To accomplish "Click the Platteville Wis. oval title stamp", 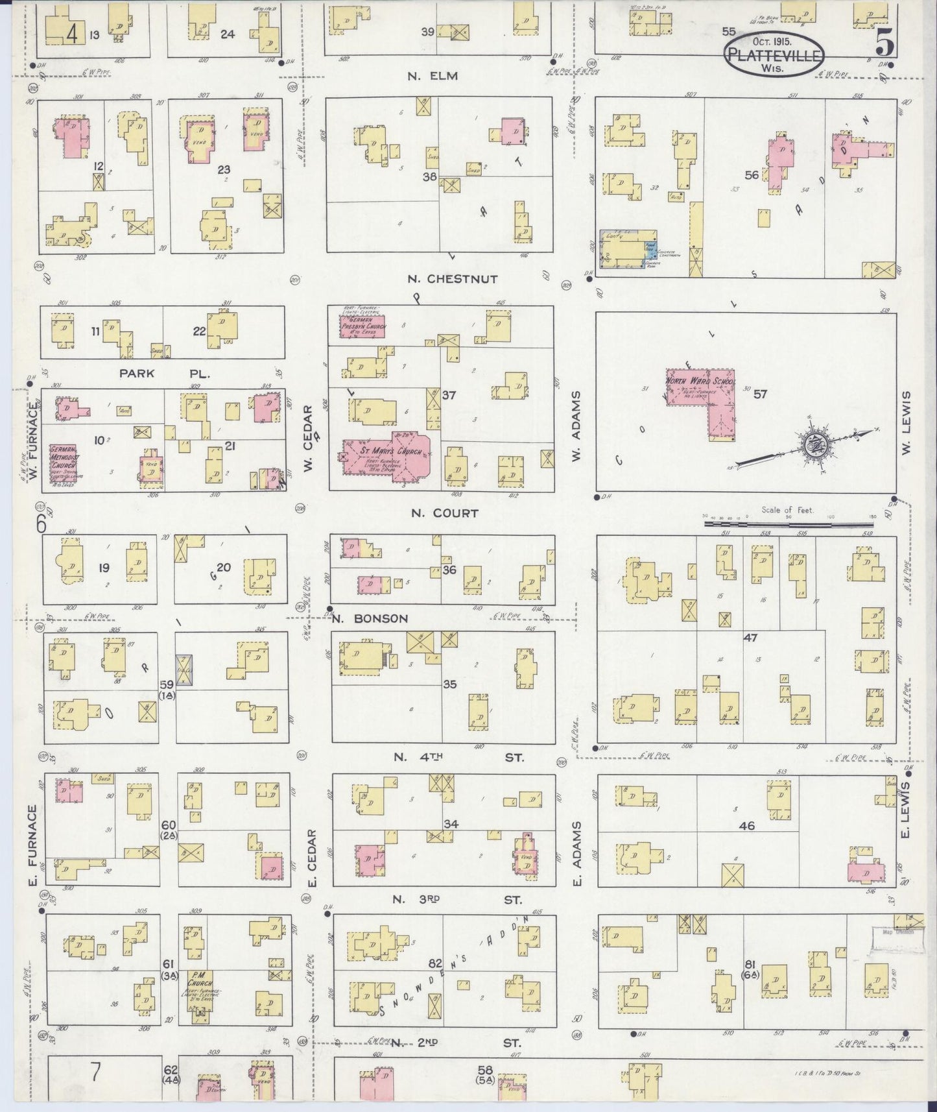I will coord(774,55).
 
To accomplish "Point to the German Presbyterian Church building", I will coord(363,326).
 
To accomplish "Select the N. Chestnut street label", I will coord(453,279).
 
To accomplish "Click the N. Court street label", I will coord(444,513).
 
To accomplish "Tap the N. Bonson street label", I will coord(370,618).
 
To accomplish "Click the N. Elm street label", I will coord(433,76).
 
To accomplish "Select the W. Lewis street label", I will coord(906,422).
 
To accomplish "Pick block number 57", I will coord(760,394).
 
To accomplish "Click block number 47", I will coord(751,638).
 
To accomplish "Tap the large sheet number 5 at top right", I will coord(884,43).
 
